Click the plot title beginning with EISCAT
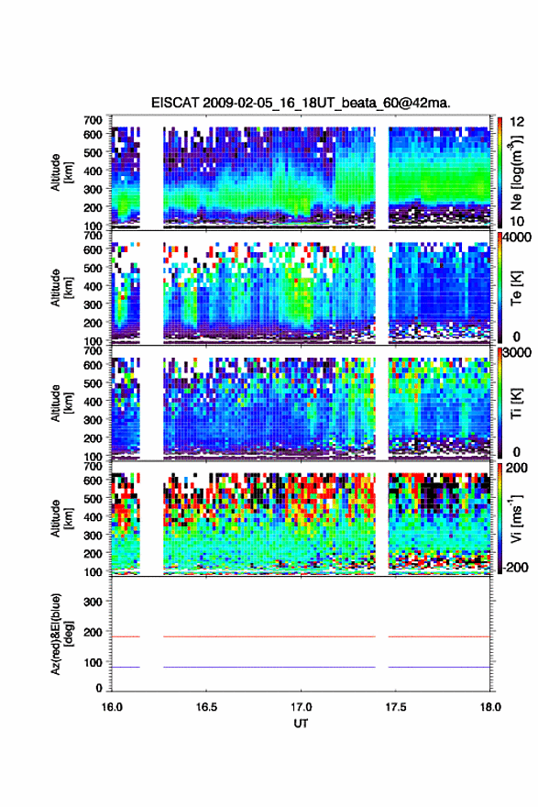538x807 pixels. click(301, 103)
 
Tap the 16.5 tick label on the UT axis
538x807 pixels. click(206, 707)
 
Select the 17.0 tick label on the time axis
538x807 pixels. click(301, 707)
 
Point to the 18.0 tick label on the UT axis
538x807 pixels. click(490, 707)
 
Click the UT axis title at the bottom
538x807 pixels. click(301, 724)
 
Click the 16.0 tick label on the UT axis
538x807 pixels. click(112, 707)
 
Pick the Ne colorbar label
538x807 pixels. click(516, 172)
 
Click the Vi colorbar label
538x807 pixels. click(516, 518)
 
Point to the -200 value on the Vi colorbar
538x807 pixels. click(515, 568)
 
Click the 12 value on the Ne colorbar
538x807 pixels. click(517, 122)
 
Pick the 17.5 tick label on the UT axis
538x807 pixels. click(396, 707)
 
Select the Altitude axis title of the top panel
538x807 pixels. click(61, 172)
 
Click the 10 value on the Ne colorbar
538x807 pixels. click(517, 222)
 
